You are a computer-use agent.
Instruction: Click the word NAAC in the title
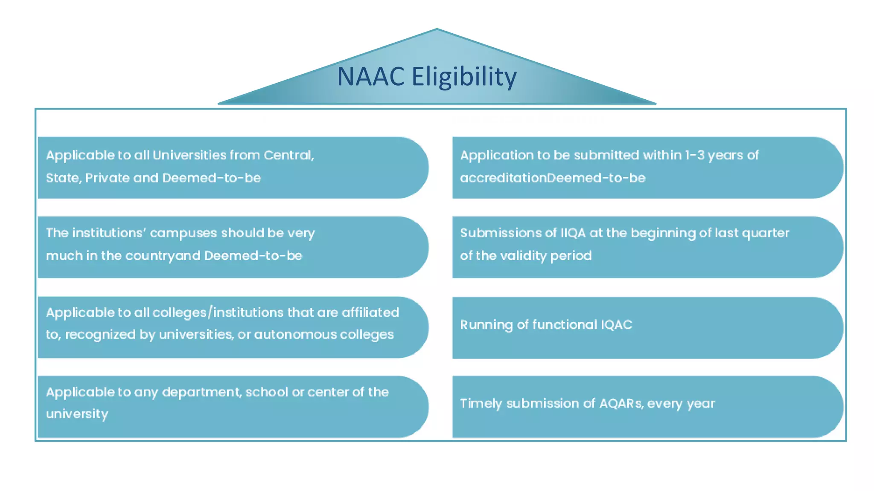tap(370, 77)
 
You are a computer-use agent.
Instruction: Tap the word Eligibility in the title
tap(464, 77)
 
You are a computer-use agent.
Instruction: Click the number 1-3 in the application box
tap(695, 155)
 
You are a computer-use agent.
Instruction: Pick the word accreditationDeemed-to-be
tap(553, 178)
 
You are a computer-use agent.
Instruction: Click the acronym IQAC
tap(616, 325)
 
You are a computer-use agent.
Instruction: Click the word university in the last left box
tap(77, 414)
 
